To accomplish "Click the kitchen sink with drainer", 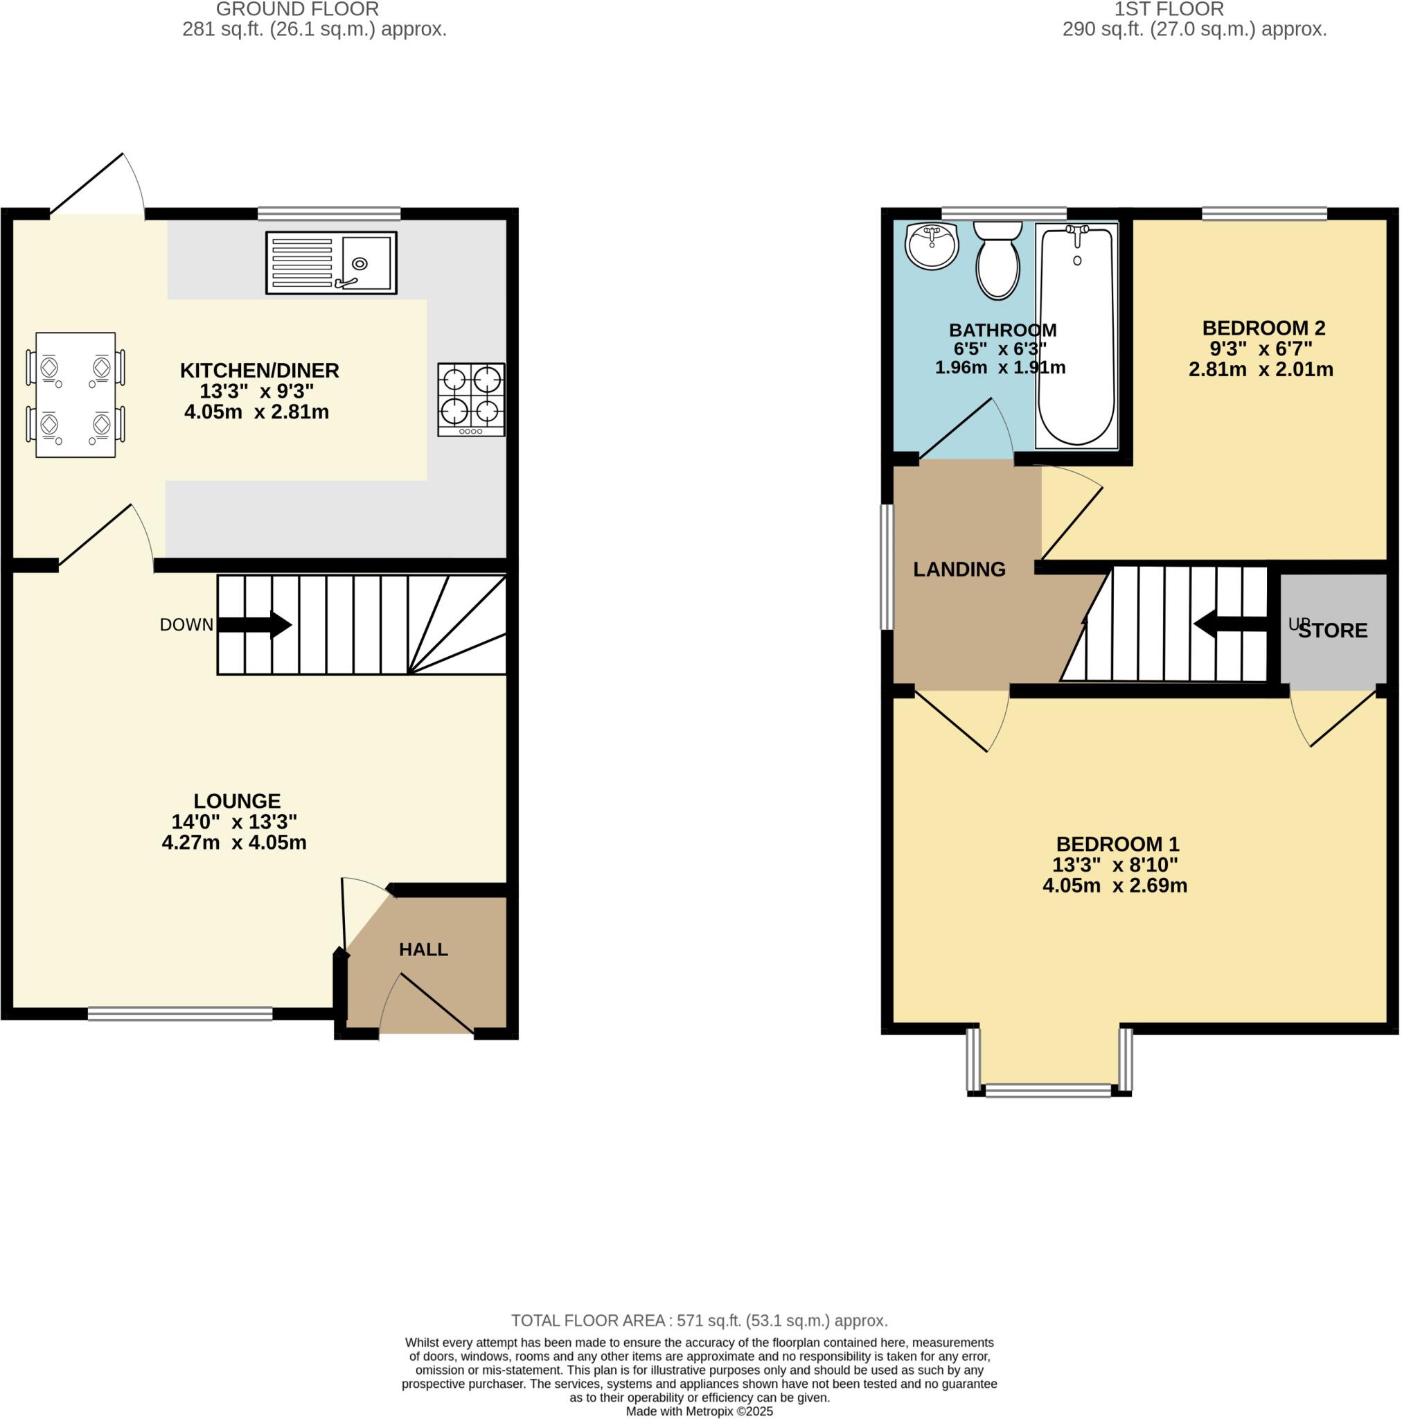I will click(x=330, y=263).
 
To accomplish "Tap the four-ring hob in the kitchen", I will click(x=471, y=400).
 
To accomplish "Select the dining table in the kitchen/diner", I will click(x=76, y=395).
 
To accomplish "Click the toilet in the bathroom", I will click(x=997, y=260).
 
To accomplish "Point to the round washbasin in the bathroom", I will click(x=932, y=246).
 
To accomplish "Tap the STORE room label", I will click(x=1332, y=631).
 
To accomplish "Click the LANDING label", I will click(x=959, y=570).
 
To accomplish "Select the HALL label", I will click(x=423, y=950).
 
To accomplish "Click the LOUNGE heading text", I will click(x=236, y=800).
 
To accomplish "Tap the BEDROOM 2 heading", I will click(x=1263, y=328).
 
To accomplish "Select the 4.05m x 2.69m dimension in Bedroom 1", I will click(x=1114, y=885).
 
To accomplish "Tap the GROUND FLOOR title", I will click(x=297, y=10).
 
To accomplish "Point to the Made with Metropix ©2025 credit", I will click(x=699, y=1411).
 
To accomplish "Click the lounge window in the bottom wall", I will click(x=180, y=1014).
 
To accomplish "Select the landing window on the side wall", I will click(x=887, y=567).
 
